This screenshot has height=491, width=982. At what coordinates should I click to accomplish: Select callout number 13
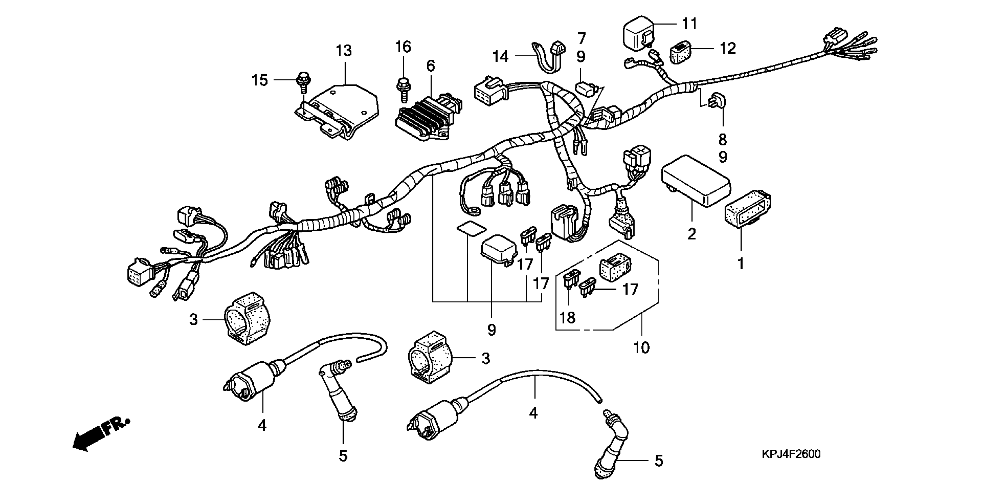(x=344, y=51)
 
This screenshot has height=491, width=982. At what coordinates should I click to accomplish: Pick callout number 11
(x=689, y=24)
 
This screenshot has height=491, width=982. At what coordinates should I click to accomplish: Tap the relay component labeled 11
(x=639, y=31)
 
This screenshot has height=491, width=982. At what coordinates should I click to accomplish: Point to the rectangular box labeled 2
(x=696, y=181)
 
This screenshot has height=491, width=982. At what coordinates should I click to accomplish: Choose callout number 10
(x=641, y=347)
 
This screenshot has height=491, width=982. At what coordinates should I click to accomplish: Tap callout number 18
(x=568, y=317)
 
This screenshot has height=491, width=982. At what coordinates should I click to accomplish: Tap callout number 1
(x=741, y=263)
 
